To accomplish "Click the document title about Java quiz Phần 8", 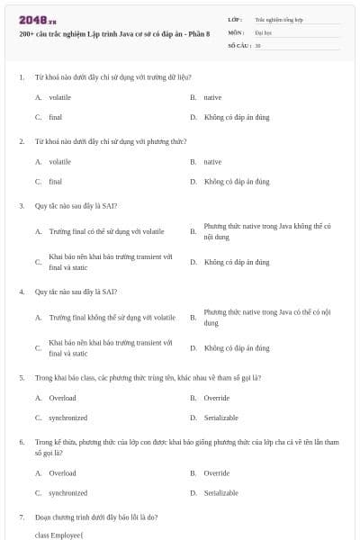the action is pyautogui.click(x=114, y=33).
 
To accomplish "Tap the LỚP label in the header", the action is pyautogui.click(x=235, y=19).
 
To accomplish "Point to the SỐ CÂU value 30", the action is pyautogui.click(x=257, y=44).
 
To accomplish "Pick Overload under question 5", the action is pyautogui.click(x=62, y=397).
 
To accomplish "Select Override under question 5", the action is pyautogui.click(x=216, y=397).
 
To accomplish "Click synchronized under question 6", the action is pyautogui.click(x=67, y=492).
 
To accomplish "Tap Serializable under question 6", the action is pyautogui.click(x=220, y=492).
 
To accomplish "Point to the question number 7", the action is pyautogui.click(x=22, y=517).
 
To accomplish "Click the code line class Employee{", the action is pyautogui.click(x=58, y=535).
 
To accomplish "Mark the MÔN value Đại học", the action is pyautogui.click(x=263, y=31).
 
